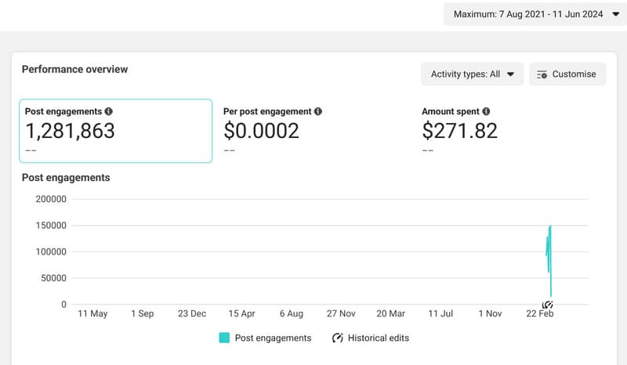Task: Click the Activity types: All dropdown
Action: coord(472,74)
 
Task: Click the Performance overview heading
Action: coord(74,69)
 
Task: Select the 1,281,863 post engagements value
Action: coord(70,131)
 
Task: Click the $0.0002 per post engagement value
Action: coord(262,131)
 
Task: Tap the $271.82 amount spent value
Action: coord(459,131)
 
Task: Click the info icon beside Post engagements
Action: coord(108,112)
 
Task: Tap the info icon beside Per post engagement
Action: coord(317,112)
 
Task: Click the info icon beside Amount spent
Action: coord(487,112)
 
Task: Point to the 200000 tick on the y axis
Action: coord(51,199)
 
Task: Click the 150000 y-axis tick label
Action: coord(51,226)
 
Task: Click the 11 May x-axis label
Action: coord(92,313)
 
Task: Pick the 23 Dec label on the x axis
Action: coord(192,313)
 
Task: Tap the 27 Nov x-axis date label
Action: coord(341,313)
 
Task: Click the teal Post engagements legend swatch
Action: coord(224,338)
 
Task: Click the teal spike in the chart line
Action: coord(549,251)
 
